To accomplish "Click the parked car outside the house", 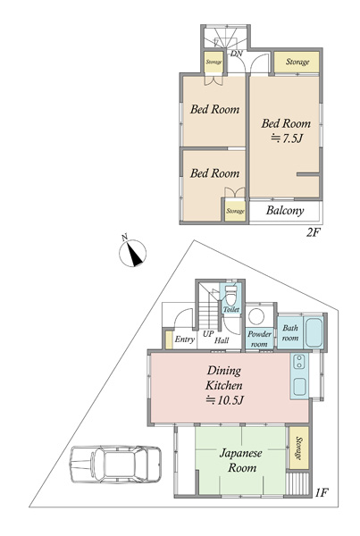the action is pos(115,464).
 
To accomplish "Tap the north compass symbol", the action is pos(132,254).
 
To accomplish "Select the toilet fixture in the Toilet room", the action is pos(230,296).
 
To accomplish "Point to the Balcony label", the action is pos(285,211).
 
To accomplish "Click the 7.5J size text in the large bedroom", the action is pos(287,138).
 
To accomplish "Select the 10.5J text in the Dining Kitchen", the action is pos(224,400).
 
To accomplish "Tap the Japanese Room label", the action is pos(241,460).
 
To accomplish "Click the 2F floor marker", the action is pos(314,233).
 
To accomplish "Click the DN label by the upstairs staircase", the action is pos(237,54).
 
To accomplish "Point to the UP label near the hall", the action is pos(208,333).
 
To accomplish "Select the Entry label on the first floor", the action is pos(185,339).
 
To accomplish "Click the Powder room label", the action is pos(259,339).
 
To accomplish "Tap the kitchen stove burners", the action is pos(299,362).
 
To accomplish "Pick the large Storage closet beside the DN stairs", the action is pos(297,62).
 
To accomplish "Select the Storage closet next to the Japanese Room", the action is pos(299,448).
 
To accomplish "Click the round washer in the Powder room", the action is pos(256,316).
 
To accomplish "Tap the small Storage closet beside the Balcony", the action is pos(236,211).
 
